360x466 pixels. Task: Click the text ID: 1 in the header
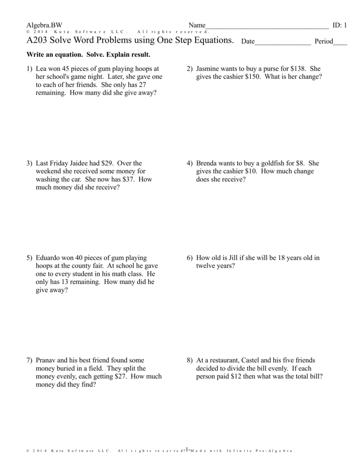click(340, 25)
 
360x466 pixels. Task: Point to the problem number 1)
click(30, 69)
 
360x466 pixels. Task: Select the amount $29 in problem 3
click(99, 163)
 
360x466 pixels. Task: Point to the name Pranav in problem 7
click(47, 360)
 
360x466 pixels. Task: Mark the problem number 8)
click(190, 360)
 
